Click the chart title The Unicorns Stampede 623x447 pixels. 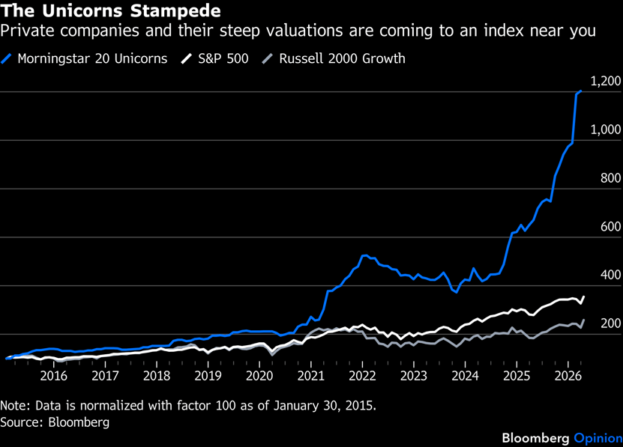[111, 11]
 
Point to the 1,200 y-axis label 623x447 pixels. [607, 82]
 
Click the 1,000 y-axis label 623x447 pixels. [607, 130]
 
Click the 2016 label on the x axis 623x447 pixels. [55, 375]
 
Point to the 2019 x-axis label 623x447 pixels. [208, 375]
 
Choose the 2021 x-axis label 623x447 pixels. [311, 375]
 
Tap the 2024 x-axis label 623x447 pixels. [465, 375]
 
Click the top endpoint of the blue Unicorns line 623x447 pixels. [581, 91]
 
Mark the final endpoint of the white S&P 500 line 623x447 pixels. [583, 297]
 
